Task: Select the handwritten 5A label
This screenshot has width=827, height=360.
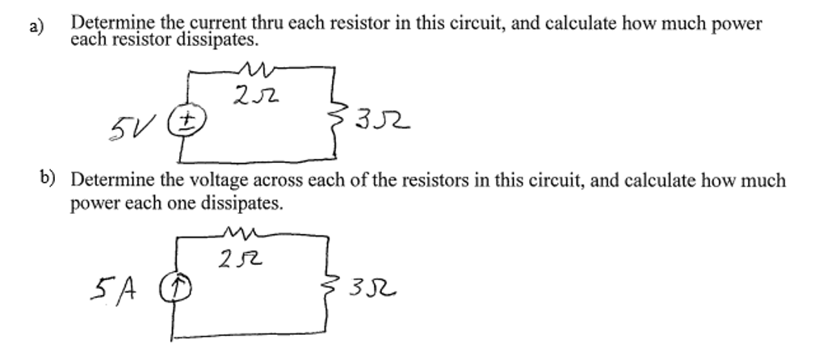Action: tap(113, 288)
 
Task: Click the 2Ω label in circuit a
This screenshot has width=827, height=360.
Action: tap(256, 96)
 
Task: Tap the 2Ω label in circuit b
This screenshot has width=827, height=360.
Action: tap(241, 259)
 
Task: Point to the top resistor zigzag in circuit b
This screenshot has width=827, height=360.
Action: tap(242, 232)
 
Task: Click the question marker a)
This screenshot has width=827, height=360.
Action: tap(36, 27)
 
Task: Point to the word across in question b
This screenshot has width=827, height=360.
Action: tap(279, 182)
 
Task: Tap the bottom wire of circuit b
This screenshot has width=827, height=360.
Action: tap(248, 335)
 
